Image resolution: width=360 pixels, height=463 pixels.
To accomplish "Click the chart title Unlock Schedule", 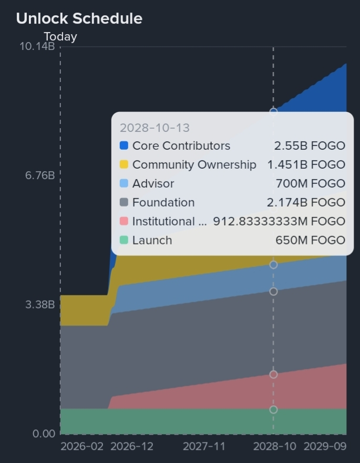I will click(79, 18).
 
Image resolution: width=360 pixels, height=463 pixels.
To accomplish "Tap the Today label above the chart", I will click(60, 37).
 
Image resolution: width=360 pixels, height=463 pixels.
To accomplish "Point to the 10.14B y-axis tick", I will click(37, 46).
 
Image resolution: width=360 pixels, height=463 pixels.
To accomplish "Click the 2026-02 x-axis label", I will click(82, 446).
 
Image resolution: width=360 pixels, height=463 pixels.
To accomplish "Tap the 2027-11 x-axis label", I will click(204, 446).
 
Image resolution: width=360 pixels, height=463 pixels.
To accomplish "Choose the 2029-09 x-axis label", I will click(325, 446).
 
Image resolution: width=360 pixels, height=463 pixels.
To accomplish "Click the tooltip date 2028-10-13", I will click(155, 128).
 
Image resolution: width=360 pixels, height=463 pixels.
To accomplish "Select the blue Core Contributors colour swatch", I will click(124, 146).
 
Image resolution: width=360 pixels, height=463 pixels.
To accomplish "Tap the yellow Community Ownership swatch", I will click(124, 164).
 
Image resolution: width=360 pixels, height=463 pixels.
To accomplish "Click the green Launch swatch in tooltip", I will click(124, 240).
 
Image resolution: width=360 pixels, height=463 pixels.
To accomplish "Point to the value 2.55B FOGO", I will click(310, 146).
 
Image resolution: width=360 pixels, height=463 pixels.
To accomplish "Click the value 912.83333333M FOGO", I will click(279, 221).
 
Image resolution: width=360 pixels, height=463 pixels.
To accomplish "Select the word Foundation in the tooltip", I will click(163, 202).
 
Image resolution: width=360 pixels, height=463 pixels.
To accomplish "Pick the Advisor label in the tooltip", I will click(153, 183).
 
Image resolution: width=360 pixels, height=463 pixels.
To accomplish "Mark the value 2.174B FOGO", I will click(306, 202).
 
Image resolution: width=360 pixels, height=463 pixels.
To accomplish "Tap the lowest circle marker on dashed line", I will click(273, 409).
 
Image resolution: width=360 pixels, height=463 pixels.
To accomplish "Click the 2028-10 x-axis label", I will click(274, 446).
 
